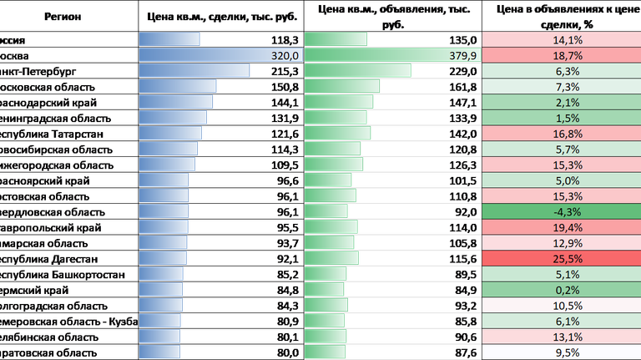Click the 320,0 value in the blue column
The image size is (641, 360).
point(285,55)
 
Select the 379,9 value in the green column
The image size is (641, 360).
point(461,55)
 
